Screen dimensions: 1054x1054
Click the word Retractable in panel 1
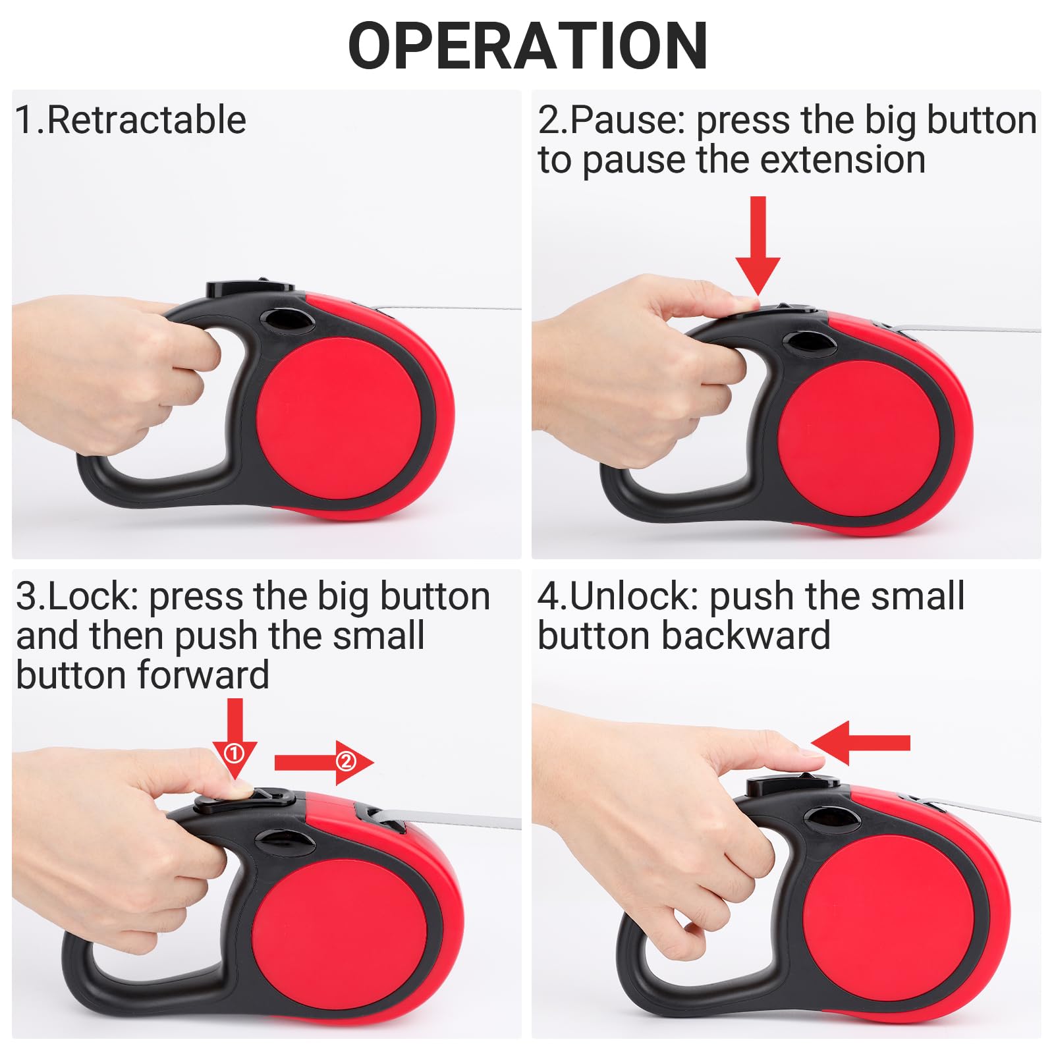tap(146, 121)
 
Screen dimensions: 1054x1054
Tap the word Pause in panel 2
tap(613, 121)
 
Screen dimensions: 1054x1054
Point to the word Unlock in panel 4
tap(632, 597)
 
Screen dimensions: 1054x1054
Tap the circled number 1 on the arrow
tap(235, 752)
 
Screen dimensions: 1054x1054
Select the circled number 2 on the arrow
tap(346, 762)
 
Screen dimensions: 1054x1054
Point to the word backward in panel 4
tap(746, 636)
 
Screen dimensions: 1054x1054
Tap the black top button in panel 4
tap(790, 785)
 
